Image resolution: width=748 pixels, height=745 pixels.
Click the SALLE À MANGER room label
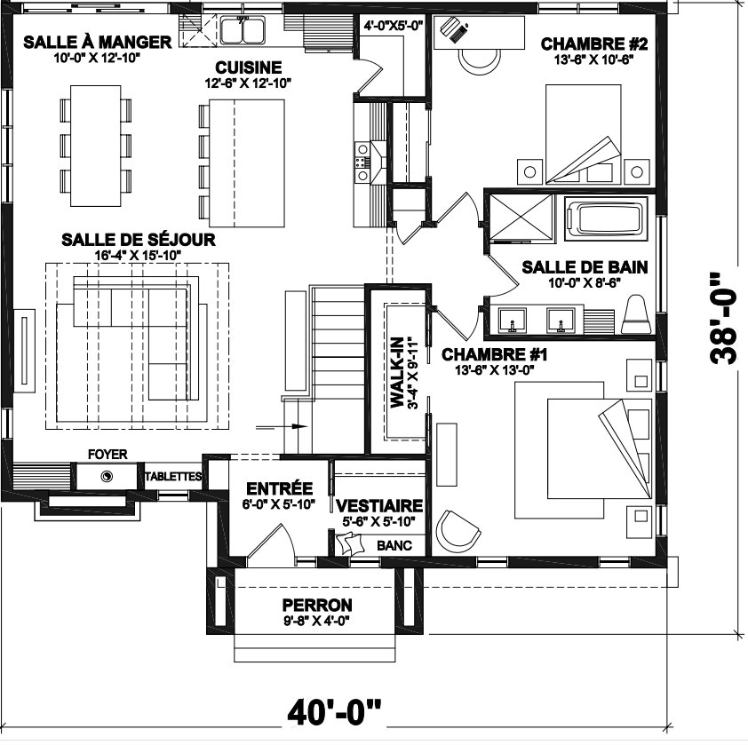[x=98, y=42]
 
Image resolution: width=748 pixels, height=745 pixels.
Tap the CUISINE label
[x=248, y=67]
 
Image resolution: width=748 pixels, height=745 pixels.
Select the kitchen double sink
[x=243, y=29]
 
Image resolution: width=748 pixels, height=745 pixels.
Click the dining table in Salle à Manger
[x=95, y=146]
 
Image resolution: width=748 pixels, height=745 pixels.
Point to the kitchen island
[x=247, y=163]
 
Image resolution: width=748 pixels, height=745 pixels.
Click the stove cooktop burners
[x=362, y=162]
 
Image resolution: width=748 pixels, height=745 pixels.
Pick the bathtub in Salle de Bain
[x=604, y=219]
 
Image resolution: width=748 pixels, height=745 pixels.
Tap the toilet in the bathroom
[x=636, y=315]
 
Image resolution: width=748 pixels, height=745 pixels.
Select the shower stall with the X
[x=521, y=216]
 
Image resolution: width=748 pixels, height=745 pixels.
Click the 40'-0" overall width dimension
[x=334, y=712]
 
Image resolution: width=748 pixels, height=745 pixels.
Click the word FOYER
[x=107, y=454]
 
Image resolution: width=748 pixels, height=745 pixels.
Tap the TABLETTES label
[x=173, y=477]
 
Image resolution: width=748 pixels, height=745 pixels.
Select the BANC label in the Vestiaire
[x=394, y=545]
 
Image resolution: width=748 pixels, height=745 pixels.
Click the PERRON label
[x=317, y=605]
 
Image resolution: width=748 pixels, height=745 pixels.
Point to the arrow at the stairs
[x=282, y=426]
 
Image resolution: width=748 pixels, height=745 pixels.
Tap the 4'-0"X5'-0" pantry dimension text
[x=394, y=25]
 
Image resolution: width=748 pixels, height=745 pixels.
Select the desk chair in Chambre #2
[x=480, y=59]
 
